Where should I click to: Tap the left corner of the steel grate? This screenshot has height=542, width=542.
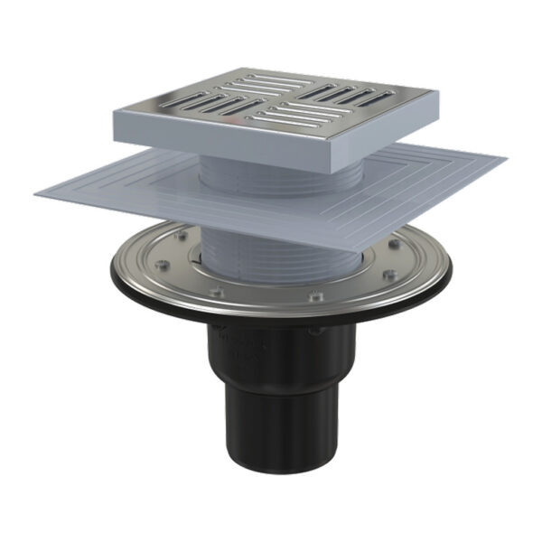tap(116, 111)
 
